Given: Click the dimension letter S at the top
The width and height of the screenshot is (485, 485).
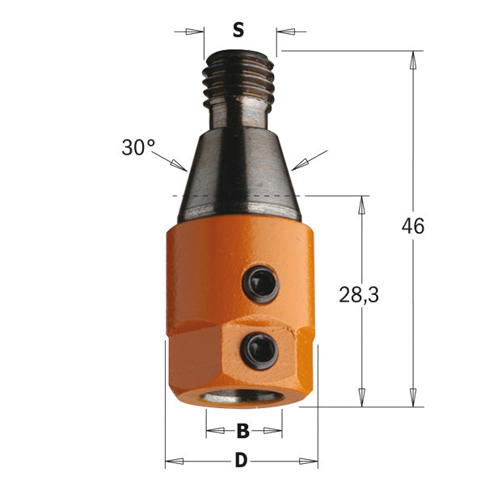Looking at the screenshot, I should coord(238,32).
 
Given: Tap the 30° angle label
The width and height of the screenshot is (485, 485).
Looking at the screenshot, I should coord(138,148).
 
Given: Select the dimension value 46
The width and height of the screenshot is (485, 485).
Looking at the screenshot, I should coord(413,226).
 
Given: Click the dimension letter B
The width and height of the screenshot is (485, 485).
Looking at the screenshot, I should coord(242,431).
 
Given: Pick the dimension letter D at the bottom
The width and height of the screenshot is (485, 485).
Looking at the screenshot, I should coord(240,462).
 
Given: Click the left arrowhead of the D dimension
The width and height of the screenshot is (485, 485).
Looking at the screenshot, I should coord(172,462).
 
